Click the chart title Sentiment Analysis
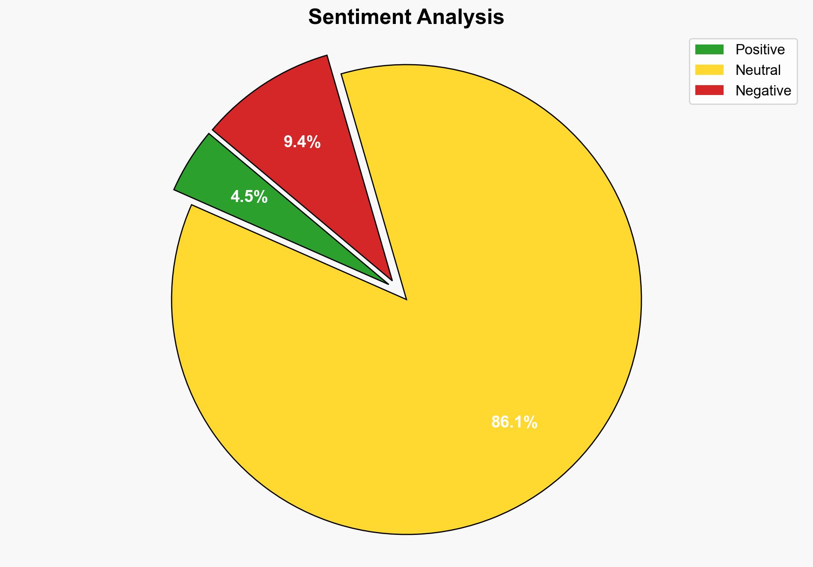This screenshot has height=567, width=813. click(x=406, y=17)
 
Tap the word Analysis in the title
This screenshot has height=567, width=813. click(x=460, y=17)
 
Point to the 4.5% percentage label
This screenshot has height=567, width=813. click(x=249, y=197)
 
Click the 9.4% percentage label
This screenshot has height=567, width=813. click(x=302, y=142)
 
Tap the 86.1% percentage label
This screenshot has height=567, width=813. click(x=514, y=422)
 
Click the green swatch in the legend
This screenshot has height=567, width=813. click(x=709, y=50)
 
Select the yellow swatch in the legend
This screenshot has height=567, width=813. click(x=709, y=70)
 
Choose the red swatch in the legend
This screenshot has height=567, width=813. click(x=709, y=90)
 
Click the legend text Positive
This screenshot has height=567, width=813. click(x=760, y=50)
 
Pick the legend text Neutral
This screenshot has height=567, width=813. click(x=758, y=70)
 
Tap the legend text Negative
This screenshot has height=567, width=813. click(x=763, y=90)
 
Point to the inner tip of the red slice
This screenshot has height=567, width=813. click(x=391, y=279)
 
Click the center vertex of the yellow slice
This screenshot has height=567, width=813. click(x=406, y=299)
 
